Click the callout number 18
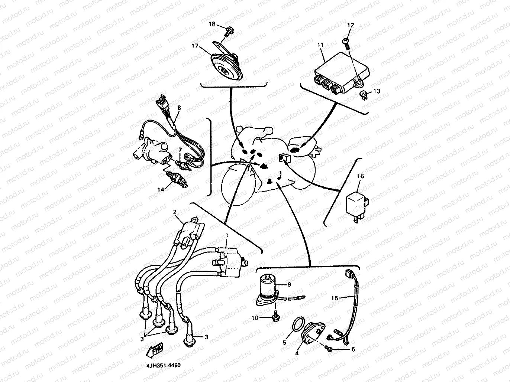pos(212,24)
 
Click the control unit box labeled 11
pos(342,73)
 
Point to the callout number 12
pos(351,25)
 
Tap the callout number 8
pos(179,108)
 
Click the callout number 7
pos(180,150)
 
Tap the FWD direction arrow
pos(155,350)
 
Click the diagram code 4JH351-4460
pos(163,365)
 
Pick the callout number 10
pos(255,317)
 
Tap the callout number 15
pos(334,298)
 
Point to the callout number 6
pos(353,349)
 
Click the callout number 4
pos(297,353)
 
